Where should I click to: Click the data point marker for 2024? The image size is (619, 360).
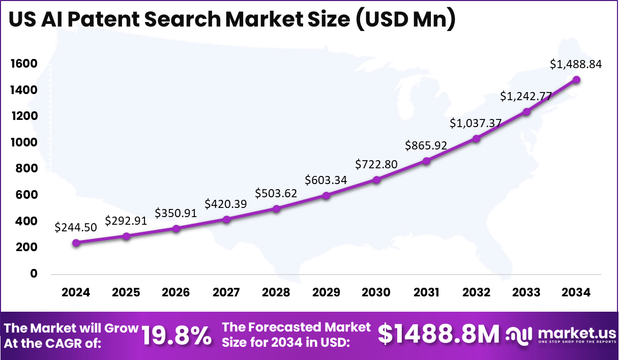pyautogui.click(x=76, y=243)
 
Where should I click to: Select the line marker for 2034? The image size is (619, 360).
pyautogui.click(x=576, y=80)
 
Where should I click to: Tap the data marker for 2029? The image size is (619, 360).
pyautogui.click(x=326, y=195)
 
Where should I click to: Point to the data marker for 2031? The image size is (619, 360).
pyautogui.click(x=426, y=161)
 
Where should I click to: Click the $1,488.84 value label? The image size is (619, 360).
pyautogui.click(x=576, y=64)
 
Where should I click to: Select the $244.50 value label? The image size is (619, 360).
pyautogui.click(x=76, y=227)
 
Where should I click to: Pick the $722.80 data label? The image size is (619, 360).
pyautogui.click(x=376, y=164)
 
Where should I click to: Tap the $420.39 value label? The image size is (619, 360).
pyautogui.click(x=226, y=204)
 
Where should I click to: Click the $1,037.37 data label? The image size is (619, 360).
pyautogui.click(x=476, y=123)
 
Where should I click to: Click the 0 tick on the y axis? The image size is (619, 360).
pyautogui.click(x=34, y=274)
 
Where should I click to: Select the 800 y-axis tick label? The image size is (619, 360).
pyautogui.click(x=26, y=169)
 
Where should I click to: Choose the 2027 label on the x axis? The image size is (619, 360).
pyautogui.click(x=226, y=292)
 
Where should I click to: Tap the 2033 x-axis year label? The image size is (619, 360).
pyautogui.click(x=526, y=292)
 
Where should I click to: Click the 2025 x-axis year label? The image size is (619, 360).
pyautogui.click(x=126, y=292)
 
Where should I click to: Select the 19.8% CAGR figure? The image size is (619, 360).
pyautogui.click(x=176, y=336)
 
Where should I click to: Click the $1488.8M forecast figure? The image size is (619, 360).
pyautogui.click(x=439, y=335)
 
